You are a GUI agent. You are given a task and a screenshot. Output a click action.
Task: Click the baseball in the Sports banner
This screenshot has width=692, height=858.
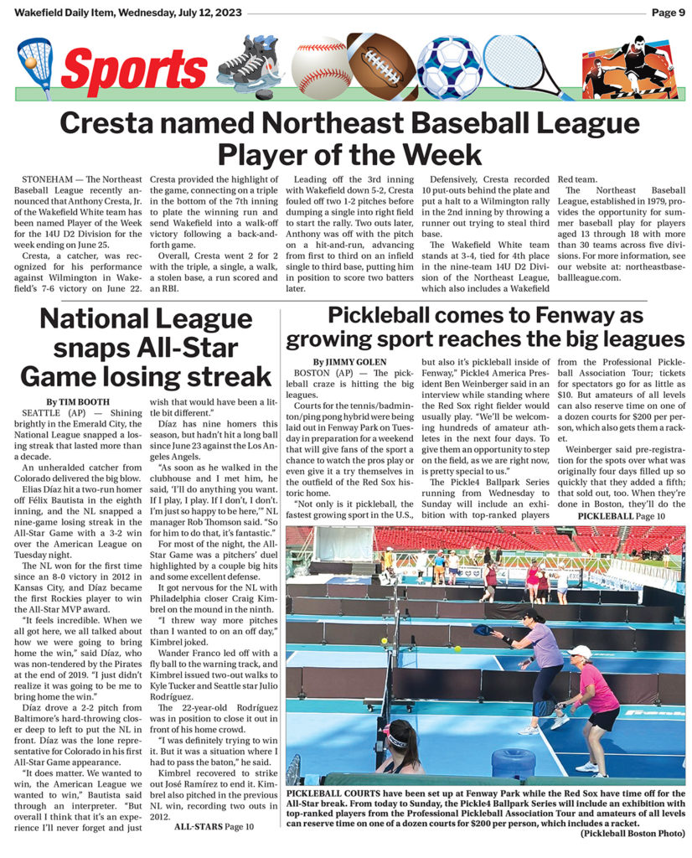320,67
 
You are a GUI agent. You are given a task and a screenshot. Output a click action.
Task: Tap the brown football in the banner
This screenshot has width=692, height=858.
383,67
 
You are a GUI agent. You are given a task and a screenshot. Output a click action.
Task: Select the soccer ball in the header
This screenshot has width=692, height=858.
449,67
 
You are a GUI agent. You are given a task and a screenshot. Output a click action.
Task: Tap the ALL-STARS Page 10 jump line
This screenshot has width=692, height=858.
213,826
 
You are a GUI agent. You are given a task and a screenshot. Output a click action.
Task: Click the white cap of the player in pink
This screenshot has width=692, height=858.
581,651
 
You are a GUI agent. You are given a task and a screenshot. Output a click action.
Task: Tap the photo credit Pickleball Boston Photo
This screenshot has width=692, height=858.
632,834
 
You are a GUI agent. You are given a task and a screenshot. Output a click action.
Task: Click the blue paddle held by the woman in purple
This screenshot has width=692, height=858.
483,629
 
